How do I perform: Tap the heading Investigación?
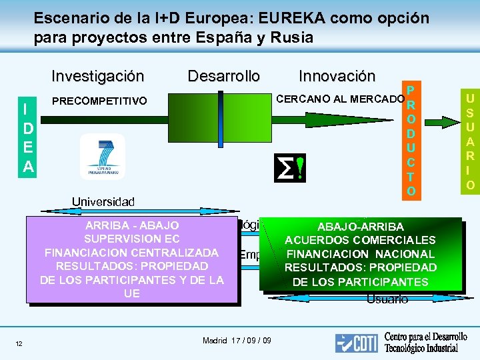coord(97,76)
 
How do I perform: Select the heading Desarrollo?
coord(224,76)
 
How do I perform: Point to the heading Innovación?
coord(337,76)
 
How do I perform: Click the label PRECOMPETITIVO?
coord(99,101)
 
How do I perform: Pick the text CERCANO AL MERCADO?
coord(340,99)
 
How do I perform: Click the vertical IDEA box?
coord(27,137)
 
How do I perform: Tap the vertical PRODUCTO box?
coord(411,141)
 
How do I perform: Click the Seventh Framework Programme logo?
coord(102,157)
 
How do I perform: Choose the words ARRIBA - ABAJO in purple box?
coord(132,225)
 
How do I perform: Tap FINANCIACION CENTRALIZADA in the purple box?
coord(132,253)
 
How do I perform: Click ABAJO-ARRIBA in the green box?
coord(360,227)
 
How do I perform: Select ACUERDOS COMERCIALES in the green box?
coord(360,240)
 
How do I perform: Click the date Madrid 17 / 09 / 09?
coord(237,341)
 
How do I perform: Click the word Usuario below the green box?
coord(387,299)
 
